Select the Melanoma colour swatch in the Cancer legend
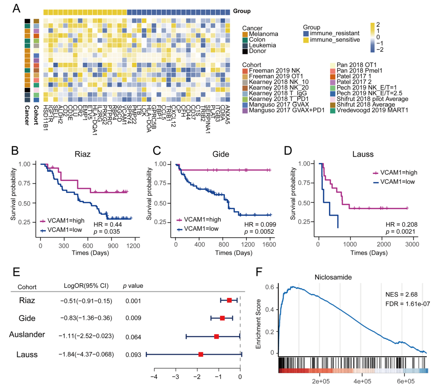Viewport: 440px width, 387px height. [245, 33]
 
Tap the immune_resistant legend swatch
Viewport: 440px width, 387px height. [306, 33]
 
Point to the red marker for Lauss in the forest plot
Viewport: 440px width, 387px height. [201, 354]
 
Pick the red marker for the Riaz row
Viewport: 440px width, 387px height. [229, 300]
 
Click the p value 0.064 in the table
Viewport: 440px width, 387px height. [129, 336]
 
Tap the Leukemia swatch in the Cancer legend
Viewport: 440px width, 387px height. [245, 45]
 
